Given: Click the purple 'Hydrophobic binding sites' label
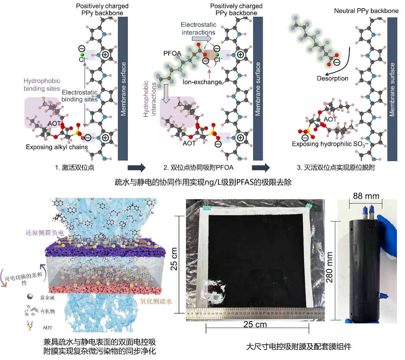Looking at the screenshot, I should pyautogui.click(x=42, y=84).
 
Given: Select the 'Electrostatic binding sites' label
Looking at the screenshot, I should pyautogui.click(x=79, y=96).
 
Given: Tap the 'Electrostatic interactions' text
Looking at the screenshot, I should pyautogui.click(x=198, y=28).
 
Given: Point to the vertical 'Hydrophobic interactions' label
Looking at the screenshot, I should pyautogui.click(x=150, y=99).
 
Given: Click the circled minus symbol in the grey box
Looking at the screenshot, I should pyautogui.click(x=88, y=137).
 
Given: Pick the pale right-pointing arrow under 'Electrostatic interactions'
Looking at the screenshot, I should pyautogui.click(x=202, y=39).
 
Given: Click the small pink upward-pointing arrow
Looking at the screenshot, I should pyautogui.click(x=209, y=73).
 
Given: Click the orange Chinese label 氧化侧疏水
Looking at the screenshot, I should pyautogui.click(x=156, y=301).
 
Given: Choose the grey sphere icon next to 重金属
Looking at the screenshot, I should pyautogui.click(x=30, y=297).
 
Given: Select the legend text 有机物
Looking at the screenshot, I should pyautogui.click(x=48, y=311).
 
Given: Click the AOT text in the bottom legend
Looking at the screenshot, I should pyautogui.click(x=47, y=328).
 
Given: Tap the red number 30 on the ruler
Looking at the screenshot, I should pyautogui.click(x=276, y=314).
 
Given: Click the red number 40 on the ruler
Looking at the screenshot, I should pyautogui.click(x=315, y=314).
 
